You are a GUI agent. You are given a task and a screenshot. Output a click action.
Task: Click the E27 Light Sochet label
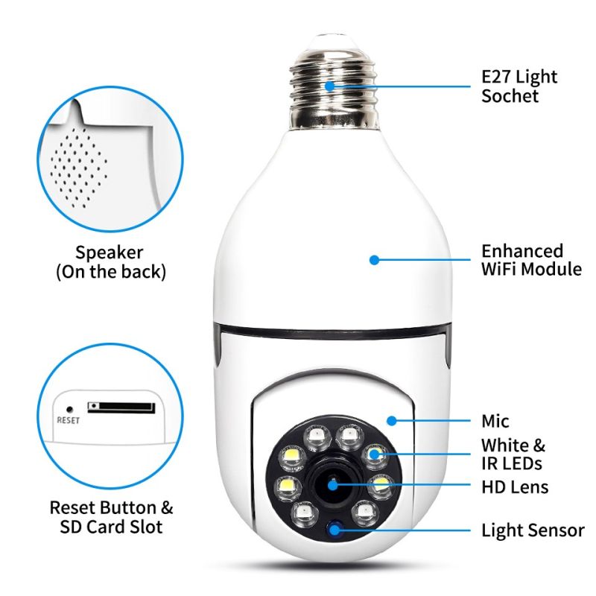(519, 86)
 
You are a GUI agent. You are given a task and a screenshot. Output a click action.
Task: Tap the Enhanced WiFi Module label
(531, 260)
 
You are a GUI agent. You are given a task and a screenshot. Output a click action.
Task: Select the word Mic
(495, 422)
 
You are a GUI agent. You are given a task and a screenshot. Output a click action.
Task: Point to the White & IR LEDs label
(513, 454)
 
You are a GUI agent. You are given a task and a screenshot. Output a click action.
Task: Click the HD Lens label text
(515, 488)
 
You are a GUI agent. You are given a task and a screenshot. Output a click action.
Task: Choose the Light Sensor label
(533, 530)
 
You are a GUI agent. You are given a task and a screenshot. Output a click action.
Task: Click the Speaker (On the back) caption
(110, 262)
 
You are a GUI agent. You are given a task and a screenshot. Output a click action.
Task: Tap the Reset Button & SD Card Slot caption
(111, 518)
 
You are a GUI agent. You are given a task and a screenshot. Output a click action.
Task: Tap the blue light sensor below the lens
(333, 530)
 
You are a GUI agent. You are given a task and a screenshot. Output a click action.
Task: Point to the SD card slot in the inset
(121, 408)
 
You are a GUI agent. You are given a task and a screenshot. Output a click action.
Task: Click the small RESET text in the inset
(69, 420)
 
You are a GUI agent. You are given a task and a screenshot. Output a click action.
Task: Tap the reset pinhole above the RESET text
(69, 408)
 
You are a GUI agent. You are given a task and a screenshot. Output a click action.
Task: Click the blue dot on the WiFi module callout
(374, 260)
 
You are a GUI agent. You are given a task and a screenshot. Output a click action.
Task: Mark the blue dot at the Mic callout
(390, 421)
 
